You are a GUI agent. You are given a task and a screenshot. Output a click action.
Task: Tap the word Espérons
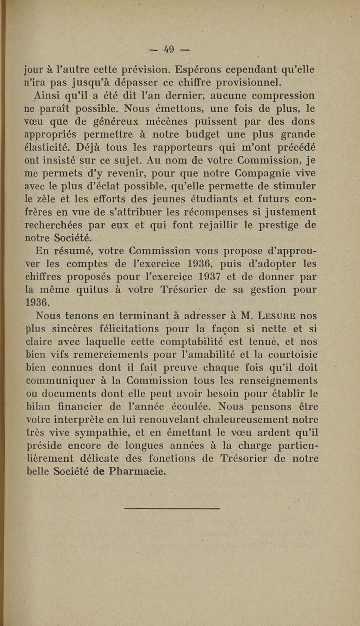(x=197, y=70)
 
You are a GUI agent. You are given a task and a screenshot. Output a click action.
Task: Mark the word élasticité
(x=46, y=147)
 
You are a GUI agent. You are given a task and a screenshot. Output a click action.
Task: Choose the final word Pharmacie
(x=132, y=472)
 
